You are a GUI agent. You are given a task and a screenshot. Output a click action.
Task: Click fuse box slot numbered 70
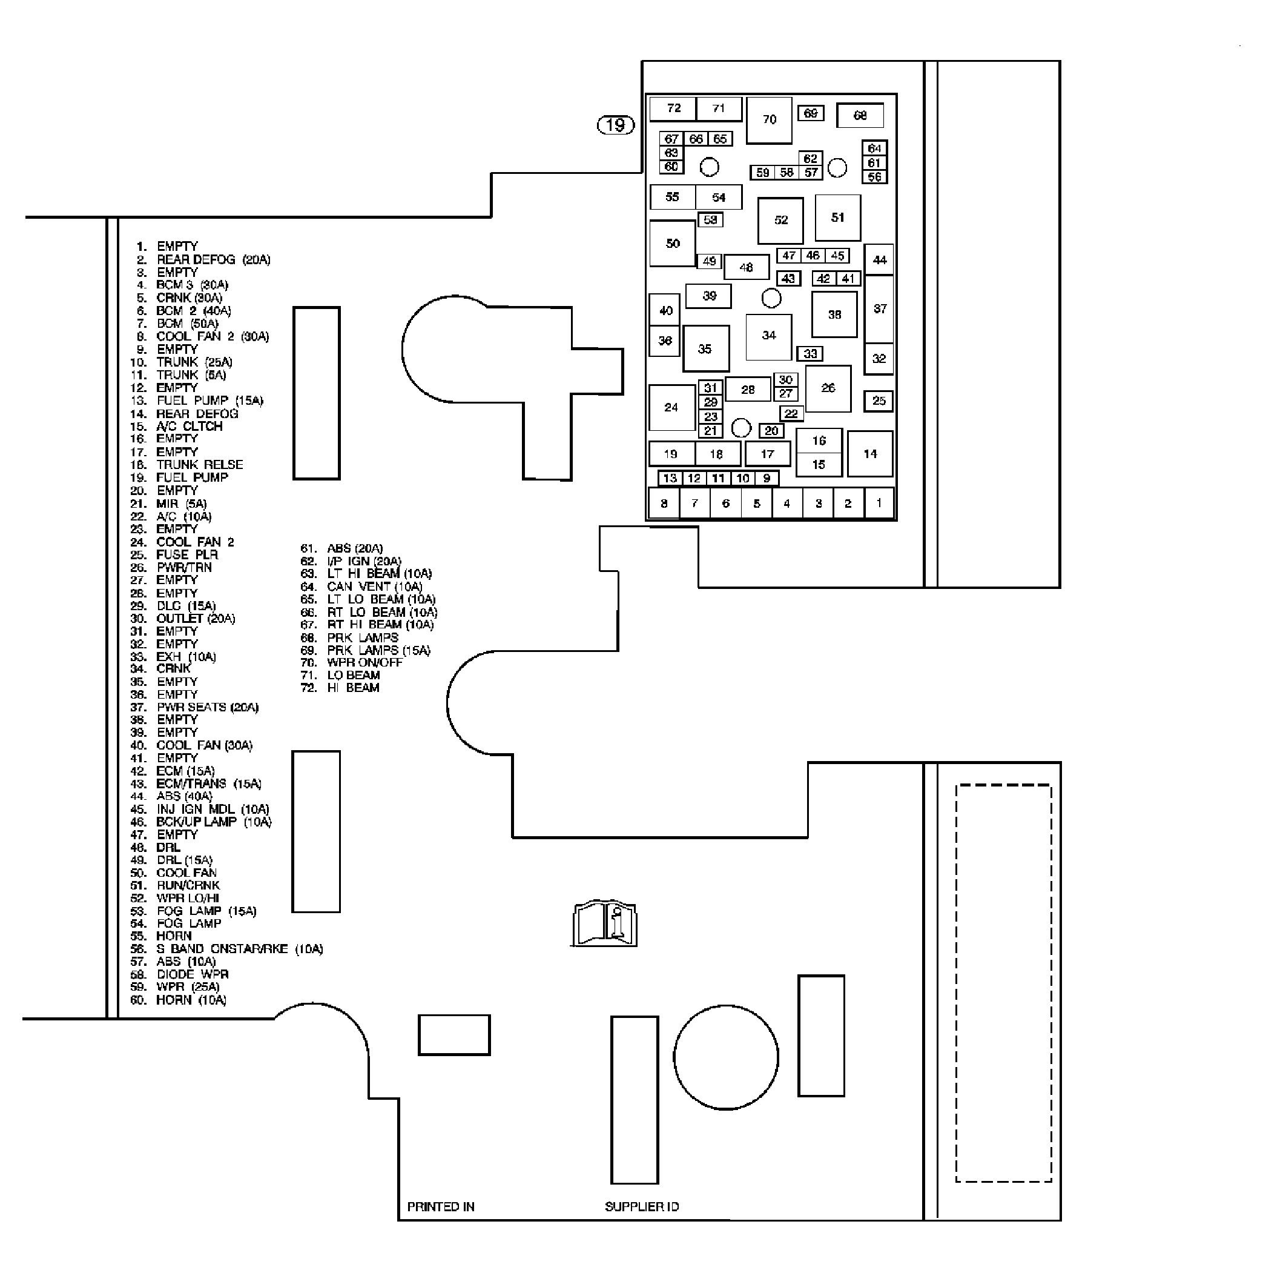[769, 120]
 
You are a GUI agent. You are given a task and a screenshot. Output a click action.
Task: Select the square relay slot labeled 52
[780, 221]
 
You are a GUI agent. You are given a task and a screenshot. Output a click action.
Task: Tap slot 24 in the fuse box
[671, 407]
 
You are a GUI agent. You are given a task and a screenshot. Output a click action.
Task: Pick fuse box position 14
[869, 454]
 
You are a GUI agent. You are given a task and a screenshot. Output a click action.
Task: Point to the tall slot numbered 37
[880, 309]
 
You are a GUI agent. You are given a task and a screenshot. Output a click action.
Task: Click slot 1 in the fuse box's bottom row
[879, 504]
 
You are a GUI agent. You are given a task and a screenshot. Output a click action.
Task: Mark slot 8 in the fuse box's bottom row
[664, 504]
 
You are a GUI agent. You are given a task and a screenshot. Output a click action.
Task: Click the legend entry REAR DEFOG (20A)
[213, 260]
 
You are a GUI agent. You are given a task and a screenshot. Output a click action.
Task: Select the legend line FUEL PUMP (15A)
[209, 401]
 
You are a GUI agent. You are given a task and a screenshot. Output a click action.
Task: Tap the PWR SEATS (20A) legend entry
[207, 707]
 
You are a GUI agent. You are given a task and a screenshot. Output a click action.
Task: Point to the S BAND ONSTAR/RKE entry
[239, 949]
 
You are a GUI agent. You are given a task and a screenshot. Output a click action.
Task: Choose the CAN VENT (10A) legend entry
[374, 587]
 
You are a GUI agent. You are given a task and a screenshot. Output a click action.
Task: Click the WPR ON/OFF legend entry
[364, 662]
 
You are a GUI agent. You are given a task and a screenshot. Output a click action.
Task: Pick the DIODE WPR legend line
[192, 974]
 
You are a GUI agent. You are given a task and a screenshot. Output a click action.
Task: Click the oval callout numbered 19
[615, 125]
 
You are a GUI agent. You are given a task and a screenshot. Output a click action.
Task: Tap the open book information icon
[604, 923]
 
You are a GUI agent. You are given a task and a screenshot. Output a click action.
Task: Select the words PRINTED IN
[440, 1206]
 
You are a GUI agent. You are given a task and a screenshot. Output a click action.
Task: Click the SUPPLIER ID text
[642, 1206]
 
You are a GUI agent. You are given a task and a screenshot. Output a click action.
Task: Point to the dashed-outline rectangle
[1003, 983]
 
